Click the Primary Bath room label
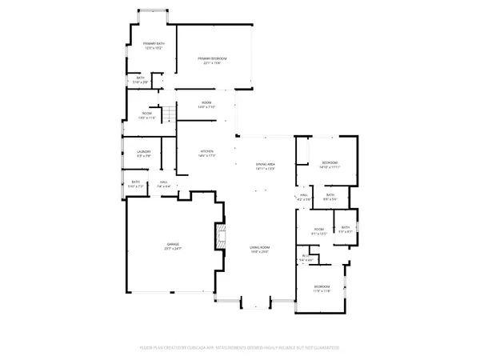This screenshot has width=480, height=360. point(154,45)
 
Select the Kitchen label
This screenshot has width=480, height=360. point(207,153)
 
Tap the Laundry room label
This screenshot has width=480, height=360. point(144,153)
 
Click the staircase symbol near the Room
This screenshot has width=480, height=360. point(169,116)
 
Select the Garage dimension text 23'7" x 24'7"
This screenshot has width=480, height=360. point(173,250)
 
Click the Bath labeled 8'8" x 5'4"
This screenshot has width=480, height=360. point(330,197)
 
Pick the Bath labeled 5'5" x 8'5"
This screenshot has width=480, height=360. point(346,229)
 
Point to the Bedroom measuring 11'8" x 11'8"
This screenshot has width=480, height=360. point(322,289)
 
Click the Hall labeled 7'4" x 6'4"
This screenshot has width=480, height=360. point(164,185)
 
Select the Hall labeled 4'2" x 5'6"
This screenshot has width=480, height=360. point(304,197)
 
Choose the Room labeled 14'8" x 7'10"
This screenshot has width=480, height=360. point(206,105)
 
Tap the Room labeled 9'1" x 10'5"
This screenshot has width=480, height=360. point(318,231)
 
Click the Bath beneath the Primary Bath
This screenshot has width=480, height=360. point(140,80)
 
